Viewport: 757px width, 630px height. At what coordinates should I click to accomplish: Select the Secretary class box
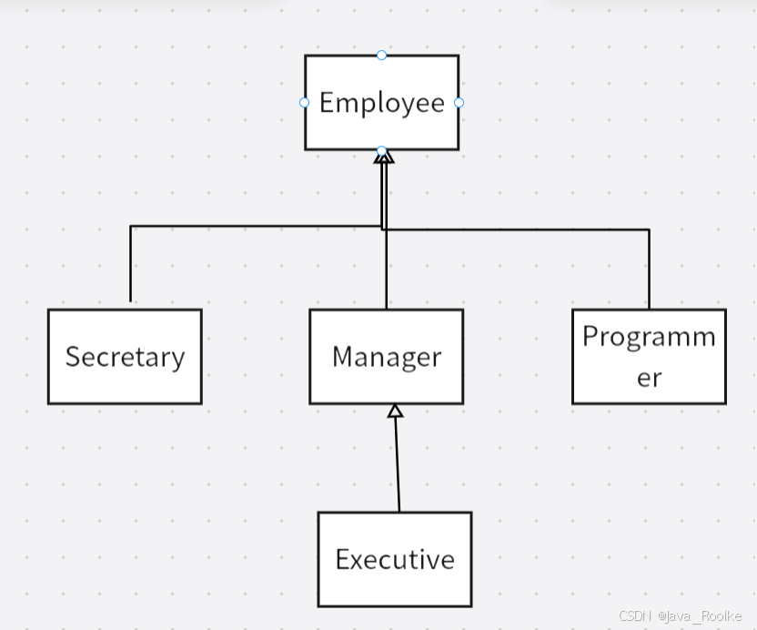tap(125, 382)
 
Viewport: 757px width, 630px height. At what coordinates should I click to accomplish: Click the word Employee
tap(381, 102)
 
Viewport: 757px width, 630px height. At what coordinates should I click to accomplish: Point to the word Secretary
tap(125, 356)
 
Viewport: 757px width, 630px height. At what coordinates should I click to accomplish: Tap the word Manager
tap(386, 356)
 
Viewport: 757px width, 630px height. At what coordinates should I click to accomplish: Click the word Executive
tap(394, 558)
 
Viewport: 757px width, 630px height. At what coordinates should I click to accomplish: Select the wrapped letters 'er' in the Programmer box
tap(649, 377)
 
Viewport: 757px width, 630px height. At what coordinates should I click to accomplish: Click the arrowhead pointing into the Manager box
tap(394, 412)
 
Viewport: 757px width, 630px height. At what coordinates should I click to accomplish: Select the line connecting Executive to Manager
tap(397, 464)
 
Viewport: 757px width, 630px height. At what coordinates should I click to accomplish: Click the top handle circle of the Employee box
tap(381, 56)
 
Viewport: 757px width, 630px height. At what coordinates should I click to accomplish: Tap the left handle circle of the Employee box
tap(305, 103)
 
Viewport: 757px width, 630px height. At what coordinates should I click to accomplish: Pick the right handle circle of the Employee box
tap(459, 103)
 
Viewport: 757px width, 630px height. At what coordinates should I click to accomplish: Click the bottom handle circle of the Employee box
tap(381, 150)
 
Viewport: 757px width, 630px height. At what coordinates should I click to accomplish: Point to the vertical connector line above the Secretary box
tap(131, 264)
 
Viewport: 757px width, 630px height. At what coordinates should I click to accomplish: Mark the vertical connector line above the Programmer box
tap(649, 269)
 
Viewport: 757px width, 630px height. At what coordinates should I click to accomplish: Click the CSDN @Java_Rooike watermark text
tap(681, 616)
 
